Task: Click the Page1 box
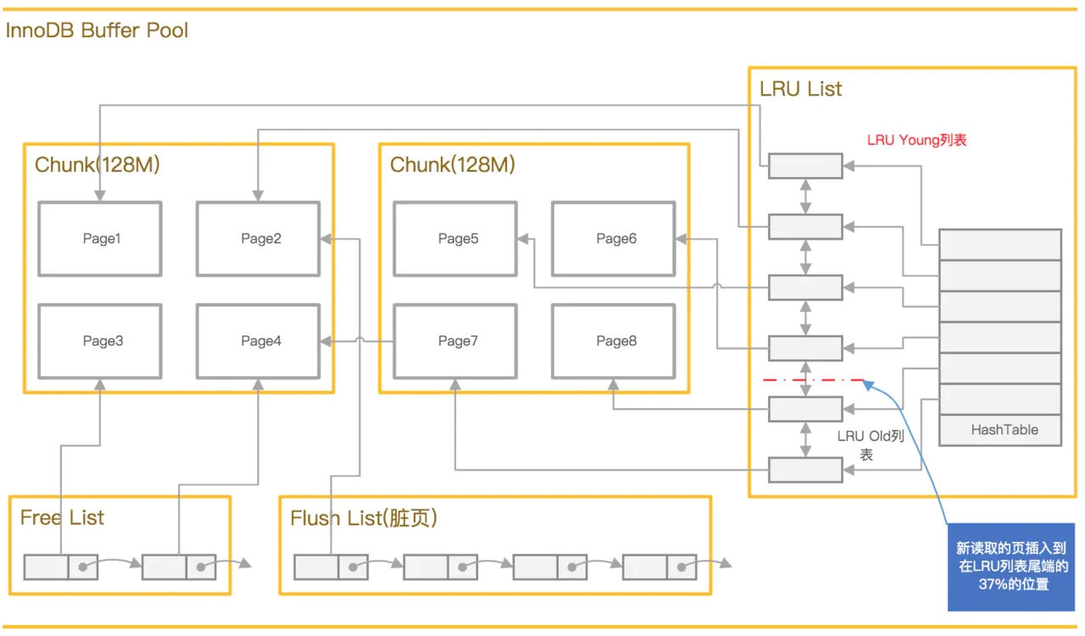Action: tap(100, 239)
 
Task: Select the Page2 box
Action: tap(259, 239)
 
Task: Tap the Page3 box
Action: tap(100, 341)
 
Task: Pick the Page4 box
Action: tap(259, 341)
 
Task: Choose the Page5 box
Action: tap(455, 239)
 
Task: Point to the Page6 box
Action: tap(614, 239)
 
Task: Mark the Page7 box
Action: tap(455, 341)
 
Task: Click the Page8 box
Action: tap(614, 341)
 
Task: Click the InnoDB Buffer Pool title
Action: tap(97, 30)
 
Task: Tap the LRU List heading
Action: tap(801, 89)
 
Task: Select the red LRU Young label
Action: tap(917, 141)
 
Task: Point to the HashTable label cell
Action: tap(1001, 430)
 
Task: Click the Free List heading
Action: tap(62, 518)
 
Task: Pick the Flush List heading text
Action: tap(364, 518)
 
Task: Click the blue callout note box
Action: tap(1011, 567)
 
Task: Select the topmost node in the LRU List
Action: tap(805, 166)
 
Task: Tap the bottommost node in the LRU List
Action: tap(805, 469)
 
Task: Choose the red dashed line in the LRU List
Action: tap(814, 380)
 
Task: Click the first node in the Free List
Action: tap(61, 567)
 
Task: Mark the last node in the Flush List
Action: tap(659, 567)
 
